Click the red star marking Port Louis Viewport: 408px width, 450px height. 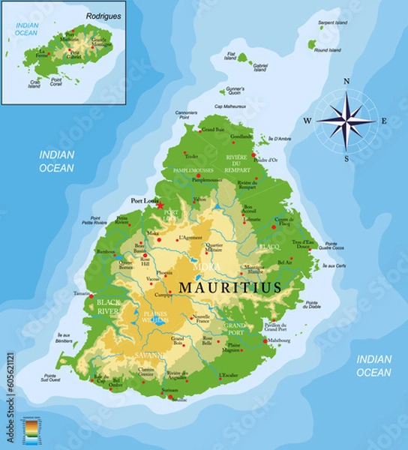[x=159, y=205]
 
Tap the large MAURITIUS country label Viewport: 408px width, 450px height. [x=229, y=287]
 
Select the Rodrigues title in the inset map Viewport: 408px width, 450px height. [x=103, y=15]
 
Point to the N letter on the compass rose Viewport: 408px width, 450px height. [x=346, y=82]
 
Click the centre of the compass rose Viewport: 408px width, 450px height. [x=346, y=119]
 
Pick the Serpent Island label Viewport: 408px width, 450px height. [x=332, y=23]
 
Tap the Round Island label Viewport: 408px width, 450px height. [x=328, y=50]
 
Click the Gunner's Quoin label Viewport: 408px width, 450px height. [x=235, y=91]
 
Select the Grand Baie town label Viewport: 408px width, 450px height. [x=213, y=130]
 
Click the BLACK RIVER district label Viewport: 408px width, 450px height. [x=108, y=305]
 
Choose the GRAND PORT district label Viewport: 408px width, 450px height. [x=235, y=328]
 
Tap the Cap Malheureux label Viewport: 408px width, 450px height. [x=229, y=106]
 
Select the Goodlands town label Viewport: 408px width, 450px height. [x=241, y=136]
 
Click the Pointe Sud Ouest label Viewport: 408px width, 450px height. [x=50, y=378]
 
